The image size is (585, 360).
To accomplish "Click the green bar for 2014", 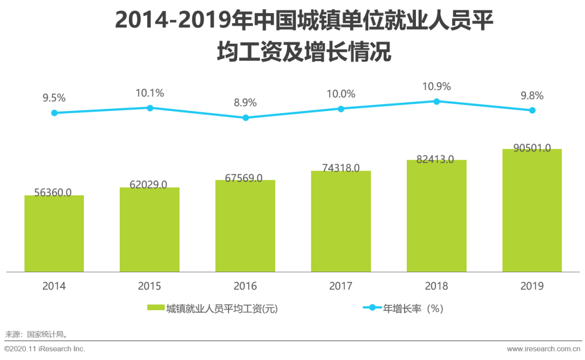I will (x=54, y=234).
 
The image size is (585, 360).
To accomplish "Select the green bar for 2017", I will (x=341, y=222).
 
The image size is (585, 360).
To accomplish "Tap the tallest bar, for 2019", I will (x=532, y=211).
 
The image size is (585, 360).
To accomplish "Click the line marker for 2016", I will (x=245, y=117).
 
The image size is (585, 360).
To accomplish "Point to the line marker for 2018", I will (x=437, y=101).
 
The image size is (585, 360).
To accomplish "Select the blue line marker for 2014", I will (x=54, y=113).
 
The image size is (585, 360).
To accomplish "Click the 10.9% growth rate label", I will (x=437, y=87).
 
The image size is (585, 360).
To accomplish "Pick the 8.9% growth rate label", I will (x=245, y=103).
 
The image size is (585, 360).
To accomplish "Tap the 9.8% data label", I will (x=532, y=96).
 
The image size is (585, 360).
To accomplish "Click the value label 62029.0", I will (x=149, y=184).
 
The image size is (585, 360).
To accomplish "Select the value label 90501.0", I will (x=532, y=148).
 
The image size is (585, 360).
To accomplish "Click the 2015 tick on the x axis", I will (x=149, y=286).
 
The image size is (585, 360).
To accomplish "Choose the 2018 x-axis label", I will (x=437, y=286).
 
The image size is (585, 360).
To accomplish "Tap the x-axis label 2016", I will (x=245, y=286).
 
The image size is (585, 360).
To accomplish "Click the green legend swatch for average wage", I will (x=155, y=309).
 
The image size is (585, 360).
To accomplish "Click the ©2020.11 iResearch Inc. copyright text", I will (x=45, y=349).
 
